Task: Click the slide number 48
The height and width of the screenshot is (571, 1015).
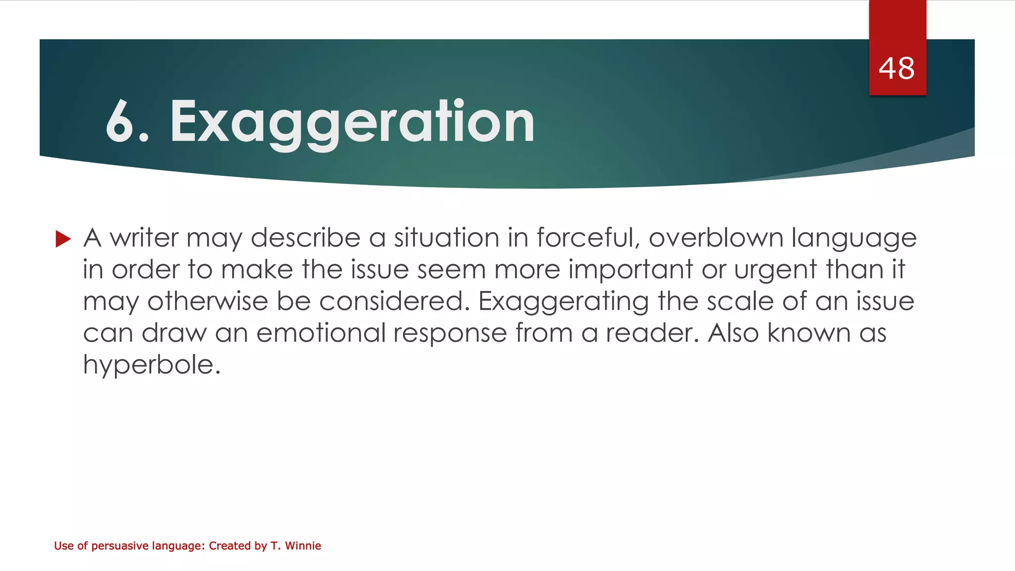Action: pos(897,68)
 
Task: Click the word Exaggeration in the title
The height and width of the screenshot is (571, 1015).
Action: pos(352,122)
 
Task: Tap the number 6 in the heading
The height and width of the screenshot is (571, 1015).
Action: pos(120,122)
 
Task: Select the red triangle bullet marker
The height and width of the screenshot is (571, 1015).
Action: pos(63,239)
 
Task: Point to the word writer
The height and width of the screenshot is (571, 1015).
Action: pos(144,238)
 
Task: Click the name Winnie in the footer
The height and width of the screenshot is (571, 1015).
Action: pos(303,546)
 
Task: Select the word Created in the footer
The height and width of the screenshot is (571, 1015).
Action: pos(229,546)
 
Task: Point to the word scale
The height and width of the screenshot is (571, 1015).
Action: pos(740,302)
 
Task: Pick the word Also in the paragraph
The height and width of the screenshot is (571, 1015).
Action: pos(733,333)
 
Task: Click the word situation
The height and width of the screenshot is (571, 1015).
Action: pos(447,238)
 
